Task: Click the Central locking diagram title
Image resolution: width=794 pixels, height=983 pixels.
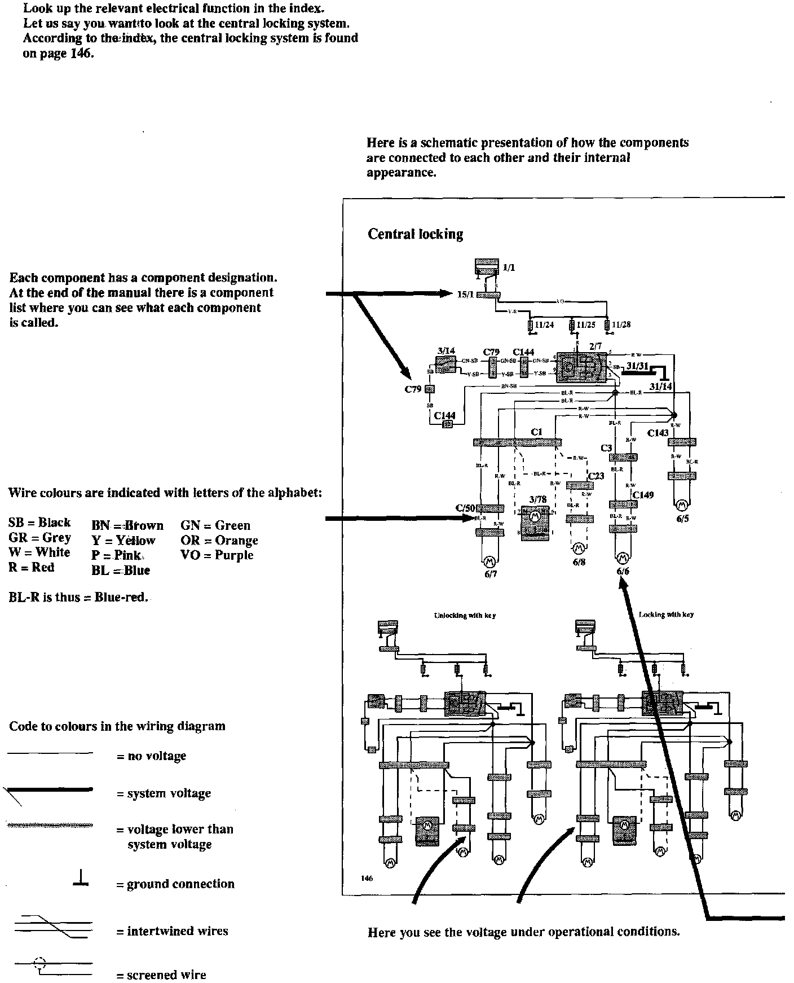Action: (x=415, y=234)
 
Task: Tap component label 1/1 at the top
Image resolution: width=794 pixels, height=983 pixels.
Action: (x=509, y=268)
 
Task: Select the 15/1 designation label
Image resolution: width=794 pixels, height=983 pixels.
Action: (x=465, y=294)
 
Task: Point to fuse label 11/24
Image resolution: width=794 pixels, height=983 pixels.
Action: (x=545, y=324)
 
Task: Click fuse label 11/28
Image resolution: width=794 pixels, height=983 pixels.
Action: (x=621, y=324)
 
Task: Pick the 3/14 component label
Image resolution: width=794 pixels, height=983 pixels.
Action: (x=446, y=350)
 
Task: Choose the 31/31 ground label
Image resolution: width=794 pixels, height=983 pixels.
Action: (x=637, y=366)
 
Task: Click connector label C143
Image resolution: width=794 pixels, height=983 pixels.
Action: (x=658, y=433)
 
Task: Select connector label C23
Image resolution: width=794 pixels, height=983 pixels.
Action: (x=596, y=476)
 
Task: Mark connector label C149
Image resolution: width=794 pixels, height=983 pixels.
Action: (x=643, y=495)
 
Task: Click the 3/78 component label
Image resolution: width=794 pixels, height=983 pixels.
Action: (x=538, y=499)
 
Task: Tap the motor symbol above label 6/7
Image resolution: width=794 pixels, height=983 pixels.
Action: (x=489, y=561)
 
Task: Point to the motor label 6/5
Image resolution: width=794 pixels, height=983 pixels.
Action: (x=682, y=519)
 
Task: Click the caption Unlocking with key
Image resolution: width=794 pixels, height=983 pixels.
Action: (x=465, y=615)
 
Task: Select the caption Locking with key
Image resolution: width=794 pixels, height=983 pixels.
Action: (x=666, y=615)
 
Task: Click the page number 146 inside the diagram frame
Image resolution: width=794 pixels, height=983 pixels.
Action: (x=367, y=878)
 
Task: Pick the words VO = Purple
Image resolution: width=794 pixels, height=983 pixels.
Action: (x=217, y=555)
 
